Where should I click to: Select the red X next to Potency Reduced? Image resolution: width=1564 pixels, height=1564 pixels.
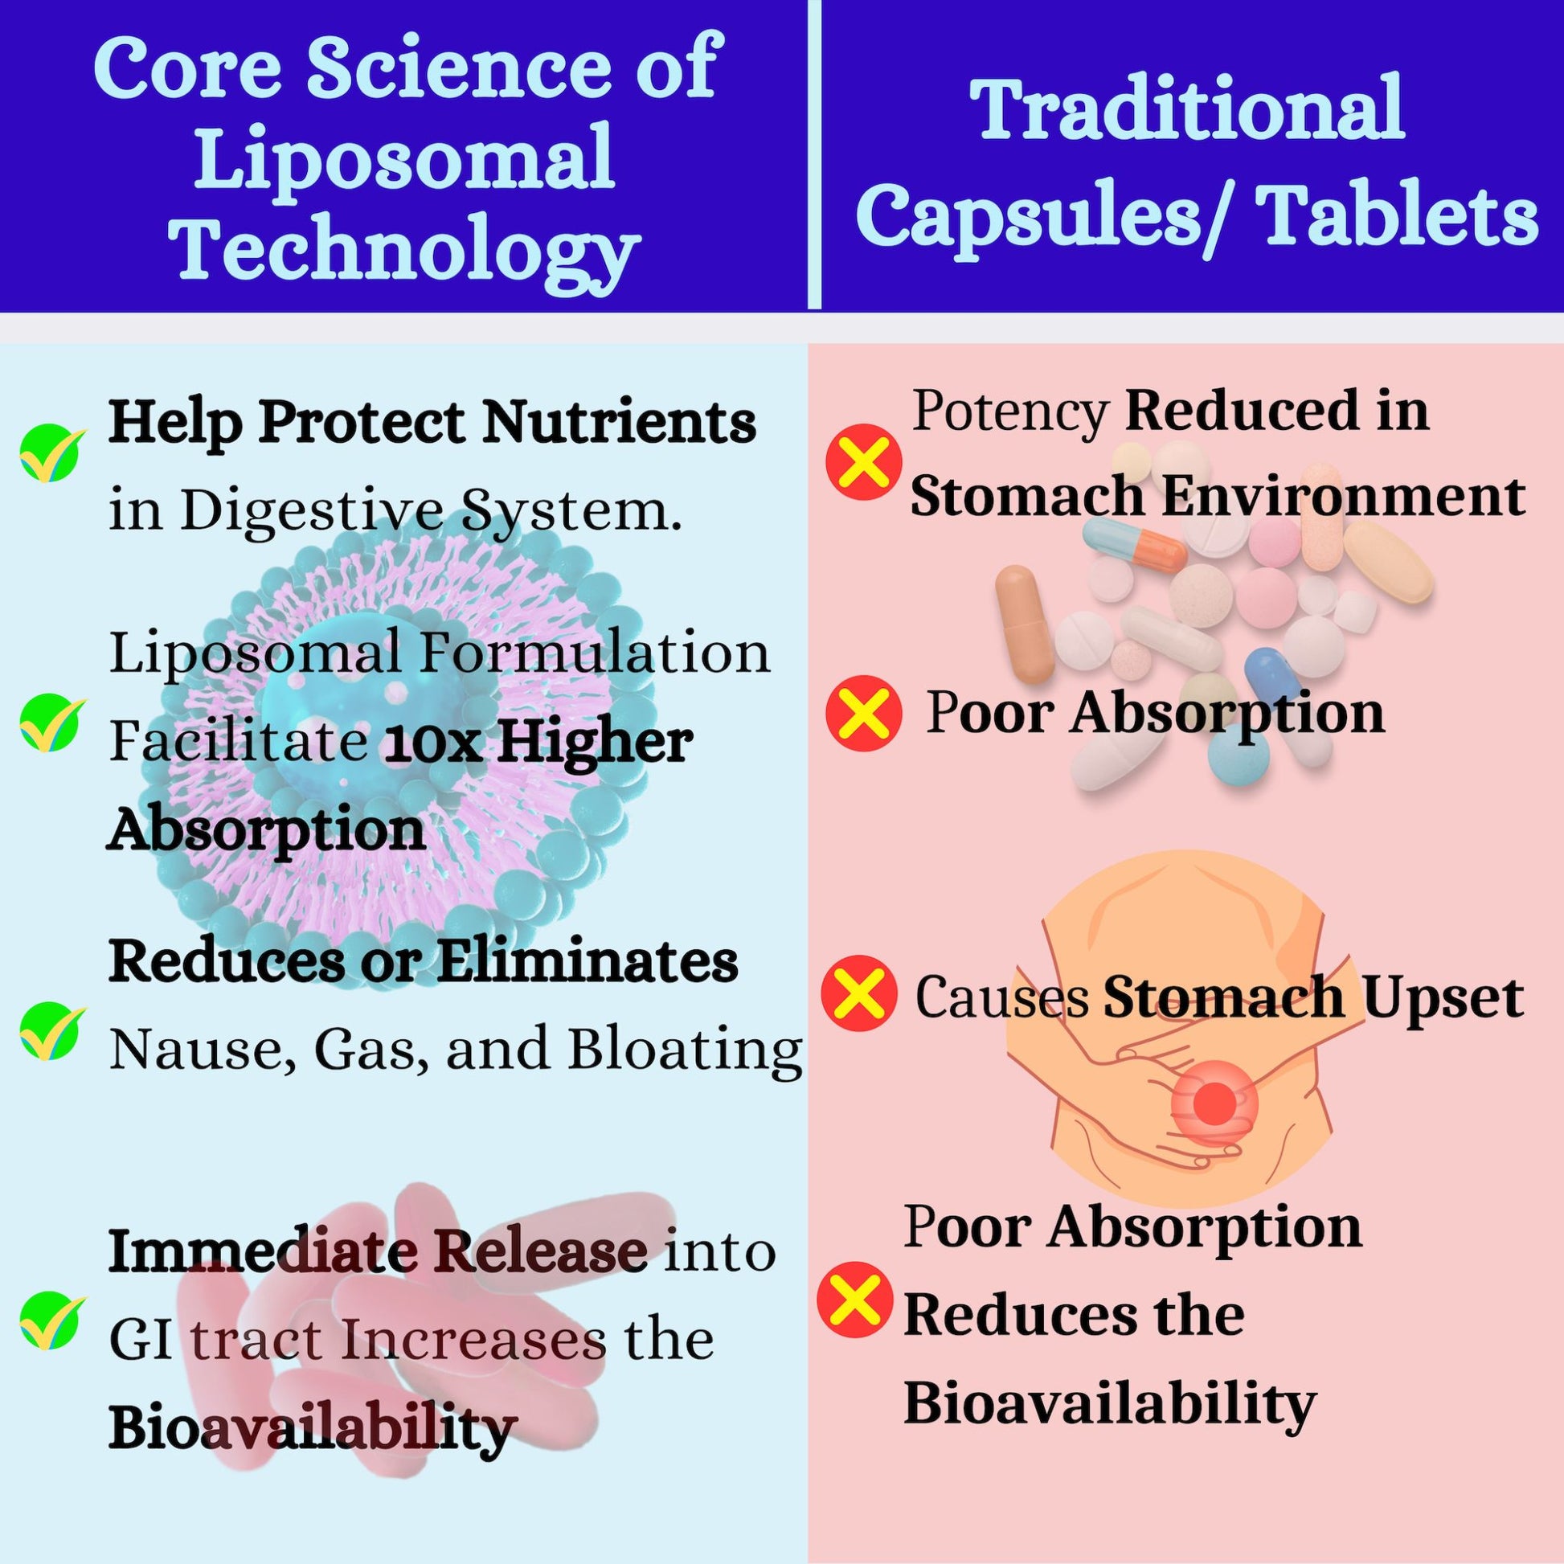[x=863, y=461]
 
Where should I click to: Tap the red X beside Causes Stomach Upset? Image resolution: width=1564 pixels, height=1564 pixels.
[x=860, y=997]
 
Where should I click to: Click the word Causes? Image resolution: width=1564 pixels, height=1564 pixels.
[x=1001, y=997]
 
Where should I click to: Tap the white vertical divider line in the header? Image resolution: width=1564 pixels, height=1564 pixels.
[x=814, y=154]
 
